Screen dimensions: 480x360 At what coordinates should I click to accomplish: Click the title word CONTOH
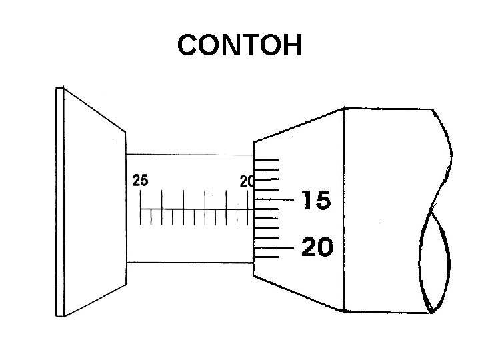point(239,46)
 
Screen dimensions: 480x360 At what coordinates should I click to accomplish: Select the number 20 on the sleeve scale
point(247,181)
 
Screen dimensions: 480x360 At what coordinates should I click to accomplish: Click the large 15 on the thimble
point(317,200)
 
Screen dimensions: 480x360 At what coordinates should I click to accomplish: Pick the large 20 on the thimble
point(317,247)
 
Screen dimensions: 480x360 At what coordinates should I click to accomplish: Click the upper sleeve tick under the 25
point(141,198)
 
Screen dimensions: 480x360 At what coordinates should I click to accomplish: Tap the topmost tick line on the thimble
point(267,160)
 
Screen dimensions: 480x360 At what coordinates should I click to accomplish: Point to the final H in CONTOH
point(291,46)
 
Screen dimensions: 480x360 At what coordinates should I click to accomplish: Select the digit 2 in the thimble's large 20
point(309,247)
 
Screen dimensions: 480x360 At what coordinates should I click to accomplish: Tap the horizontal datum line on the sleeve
point(193,209)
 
